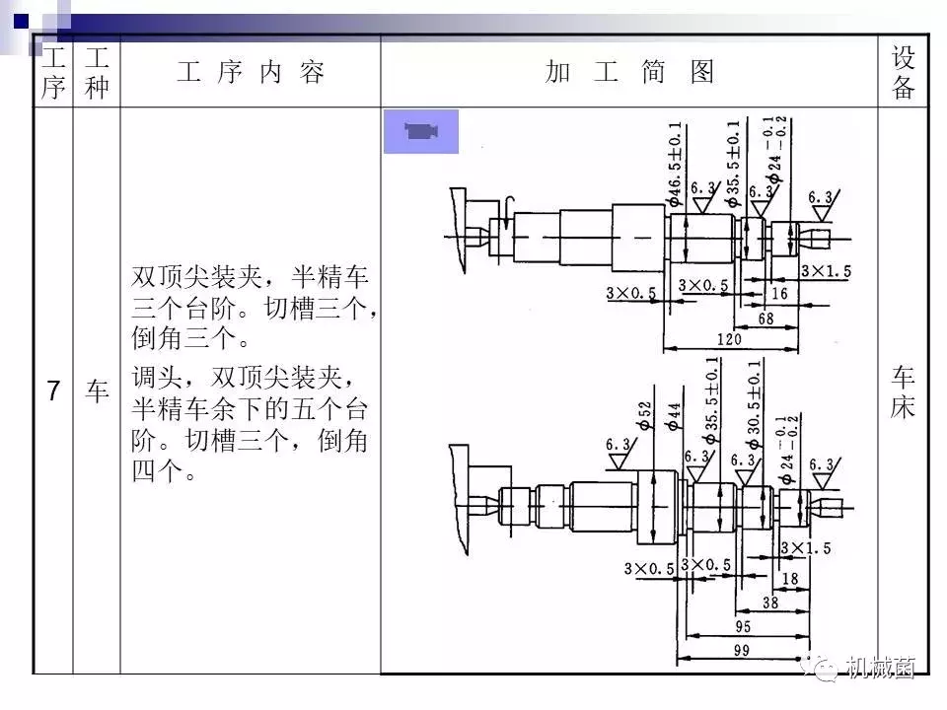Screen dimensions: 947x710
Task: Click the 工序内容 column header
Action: [x=251, y=73]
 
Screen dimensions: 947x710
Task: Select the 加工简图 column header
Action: [x=629, y=73]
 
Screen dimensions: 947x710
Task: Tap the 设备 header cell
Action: [x=904, y=73]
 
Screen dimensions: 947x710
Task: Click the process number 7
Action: [x=53, y=391]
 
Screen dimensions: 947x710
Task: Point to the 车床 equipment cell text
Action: [x=904, y=391]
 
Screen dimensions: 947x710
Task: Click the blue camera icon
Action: [x=421, y=131]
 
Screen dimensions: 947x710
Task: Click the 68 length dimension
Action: [x=765, y=318]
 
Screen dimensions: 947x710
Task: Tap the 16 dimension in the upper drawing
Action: [x=779, y=294]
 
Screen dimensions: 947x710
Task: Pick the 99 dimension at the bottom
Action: [x=742, y=652]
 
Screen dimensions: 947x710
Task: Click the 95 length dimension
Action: [x=742, y=627]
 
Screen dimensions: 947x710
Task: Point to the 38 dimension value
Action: [x=769, y=603]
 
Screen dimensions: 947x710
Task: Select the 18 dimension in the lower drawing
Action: [x=789, y=580]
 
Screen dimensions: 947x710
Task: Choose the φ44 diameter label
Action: [x=675, y=417]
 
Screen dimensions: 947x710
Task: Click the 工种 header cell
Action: [x=96, y=73]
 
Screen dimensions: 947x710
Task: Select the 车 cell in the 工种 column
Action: [x=96, y=391]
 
